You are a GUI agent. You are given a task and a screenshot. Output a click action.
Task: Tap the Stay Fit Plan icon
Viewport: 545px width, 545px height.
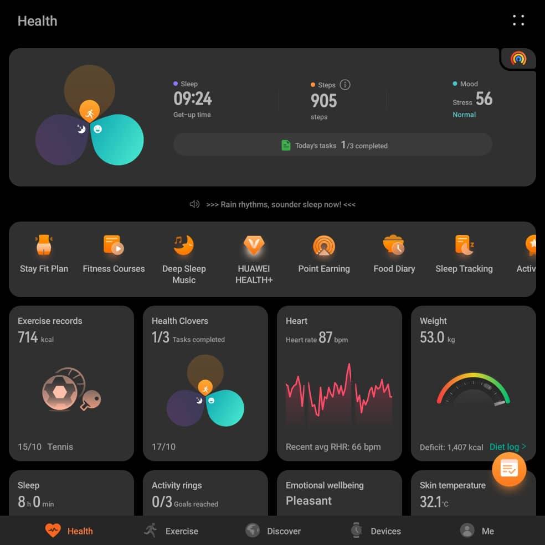point(44,245)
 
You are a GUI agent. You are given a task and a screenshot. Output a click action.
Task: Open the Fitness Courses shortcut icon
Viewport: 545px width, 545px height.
point(114,245)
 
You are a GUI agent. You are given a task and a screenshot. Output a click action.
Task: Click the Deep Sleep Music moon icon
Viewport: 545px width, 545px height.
point(184,245)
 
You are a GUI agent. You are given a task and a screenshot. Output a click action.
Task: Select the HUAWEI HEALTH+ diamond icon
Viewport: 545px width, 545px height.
point(254,245)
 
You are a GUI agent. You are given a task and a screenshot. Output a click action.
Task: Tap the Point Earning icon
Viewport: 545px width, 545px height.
point(324,245)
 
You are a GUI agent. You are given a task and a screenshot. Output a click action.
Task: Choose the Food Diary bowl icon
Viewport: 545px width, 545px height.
point(394,245)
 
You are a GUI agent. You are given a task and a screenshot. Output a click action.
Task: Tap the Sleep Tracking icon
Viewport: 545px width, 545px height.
point(464,245)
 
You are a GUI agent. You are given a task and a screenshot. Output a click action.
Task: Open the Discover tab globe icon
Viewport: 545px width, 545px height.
point(253,531)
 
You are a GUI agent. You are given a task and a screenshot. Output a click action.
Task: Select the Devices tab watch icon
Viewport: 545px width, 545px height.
point(356,531)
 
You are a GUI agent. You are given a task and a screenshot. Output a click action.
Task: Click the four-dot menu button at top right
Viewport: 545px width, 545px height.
point(518,20)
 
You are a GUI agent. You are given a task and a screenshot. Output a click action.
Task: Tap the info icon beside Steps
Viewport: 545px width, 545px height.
point(345,85)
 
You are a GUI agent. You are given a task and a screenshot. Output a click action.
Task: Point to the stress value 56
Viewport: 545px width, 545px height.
point(484,99)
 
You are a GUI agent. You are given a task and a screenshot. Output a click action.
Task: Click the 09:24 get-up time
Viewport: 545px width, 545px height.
point(193,99)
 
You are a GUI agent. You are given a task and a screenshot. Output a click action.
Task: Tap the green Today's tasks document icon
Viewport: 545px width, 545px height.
point(286,146)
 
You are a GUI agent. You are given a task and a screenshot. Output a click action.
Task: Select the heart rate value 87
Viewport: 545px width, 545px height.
point(326,338)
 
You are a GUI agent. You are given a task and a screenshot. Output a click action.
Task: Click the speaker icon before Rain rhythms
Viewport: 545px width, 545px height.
point(194,204)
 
